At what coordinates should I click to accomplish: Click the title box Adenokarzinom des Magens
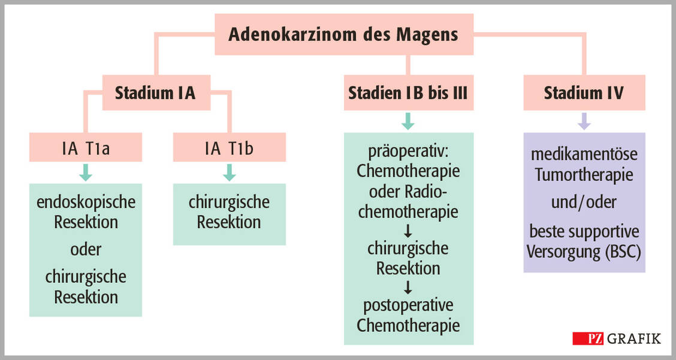point(344,34)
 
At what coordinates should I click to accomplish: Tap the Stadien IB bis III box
point(408,93)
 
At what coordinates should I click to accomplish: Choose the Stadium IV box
point(584,93)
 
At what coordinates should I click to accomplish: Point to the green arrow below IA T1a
point(86,173)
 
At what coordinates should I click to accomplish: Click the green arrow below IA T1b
point(229,173)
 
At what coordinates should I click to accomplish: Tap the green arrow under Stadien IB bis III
point(408,122)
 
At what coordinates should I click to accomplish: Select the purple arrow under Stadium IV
point(584,122)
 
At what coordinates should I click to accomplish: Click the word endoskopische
point(86,202)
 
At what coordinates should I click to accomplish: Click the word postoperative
point(408,305)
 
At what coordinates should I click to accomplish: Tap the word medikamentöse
point(584,155)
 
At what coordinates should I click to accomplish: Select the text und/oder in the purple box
point(584,202)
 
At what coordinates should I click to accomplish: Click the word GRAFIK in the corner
point(634,338)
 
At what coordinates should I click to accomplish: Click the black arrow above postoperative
point(408,288)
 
